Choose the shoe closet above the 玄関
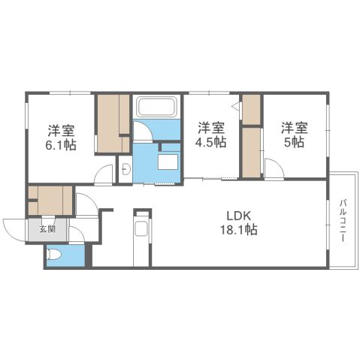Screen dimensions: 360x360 point(50,201)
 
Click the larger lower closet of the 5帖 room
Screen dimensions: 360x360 point(251,152)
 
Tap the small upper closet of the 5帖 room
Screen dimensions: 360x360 point(251,109)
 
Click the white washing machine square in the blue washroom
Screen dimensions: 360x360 point(168,160)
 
